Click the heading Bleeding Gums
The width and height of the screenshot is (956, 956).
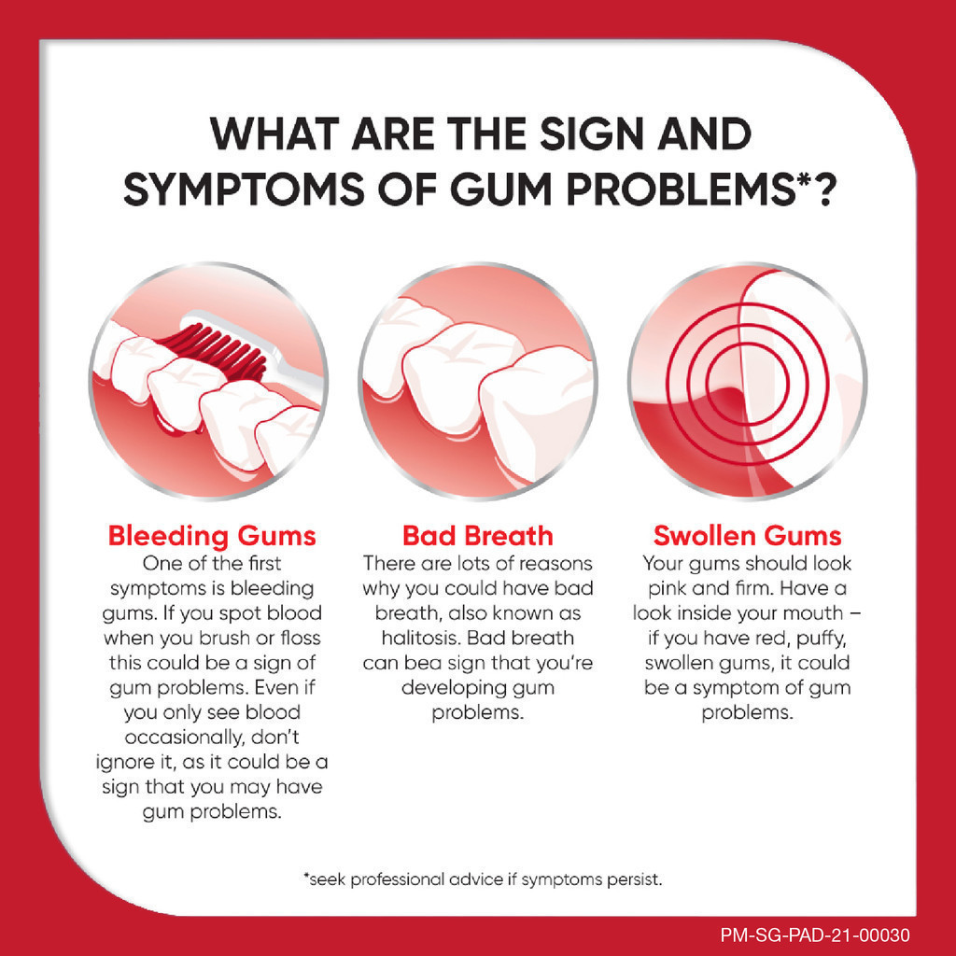tap(212, 536)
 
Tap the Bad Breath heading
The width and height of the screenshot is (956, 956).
tap(478, 536)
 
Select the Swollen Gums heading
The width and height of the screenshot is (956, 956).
tap(747, 536)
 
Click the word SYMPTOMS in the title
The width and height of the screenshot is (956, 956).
tap(244, 189)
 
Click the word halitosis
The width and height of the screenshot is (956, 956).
tap(421, 638)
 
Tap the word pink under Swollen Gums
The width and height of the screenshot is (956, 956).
tap(667, 589)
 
